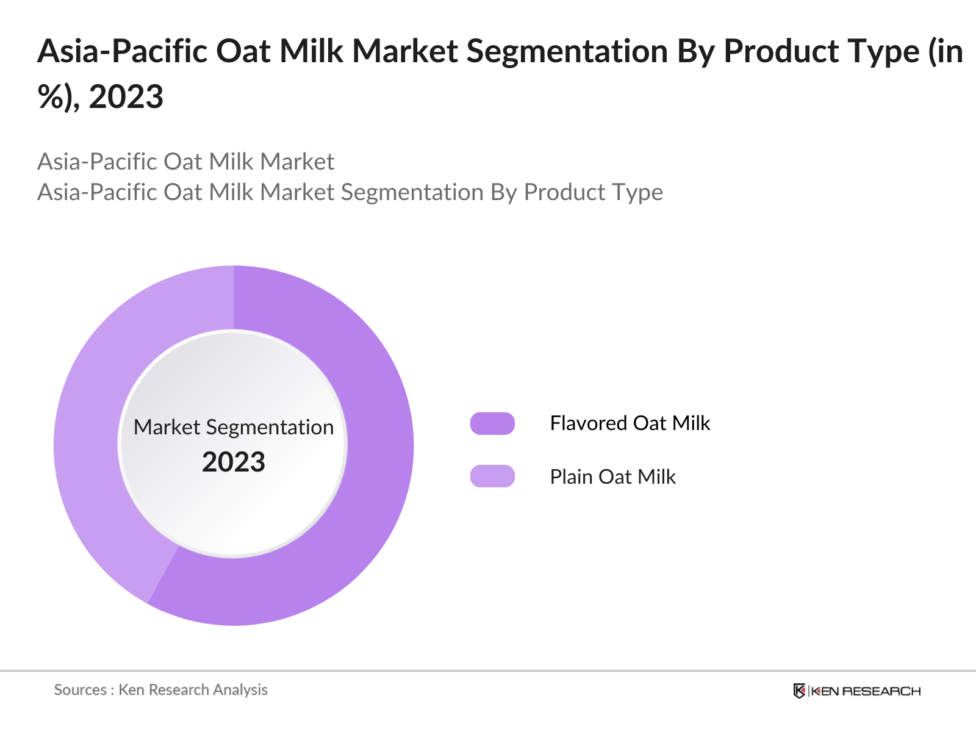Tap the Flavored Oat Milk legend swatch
click(x=492, y=423)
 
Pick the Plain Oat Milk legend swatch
click(x=492, y=476)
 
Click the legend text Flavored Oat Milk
click(x=630, y=423)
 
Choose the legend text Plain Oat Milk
click(x=612, y=476)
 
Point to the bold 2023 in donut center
click(x=234, y=462)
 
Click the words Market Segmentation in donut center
click(x=234, y=427)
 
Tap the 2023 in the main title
click(x=126, y=97)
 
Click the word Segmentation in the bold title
click(x=567, y=51)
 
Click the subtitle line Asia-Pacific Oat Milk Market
click(x=185, y=162)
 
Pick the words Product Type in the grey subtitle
click(x=593, y=192)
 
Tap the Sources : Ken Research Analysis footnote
click(x=160, y=689)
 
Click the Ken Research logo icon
click(x=799, y=691)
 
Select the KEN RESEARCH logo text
click(x=865, y=691)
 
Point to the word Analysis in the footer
click(x=240, y=689)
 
